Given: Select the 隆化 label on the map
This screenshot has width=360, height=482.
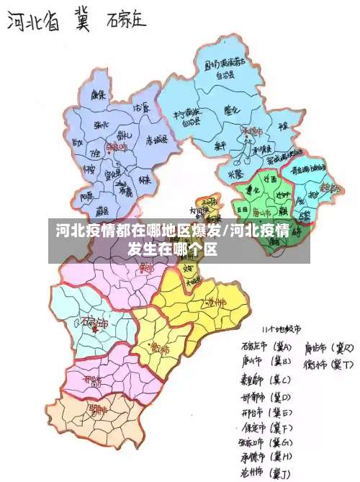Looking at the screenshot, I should tap(233, 110).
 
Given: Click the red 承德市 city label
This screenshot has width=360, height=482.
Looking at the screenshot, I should tap(252, 131).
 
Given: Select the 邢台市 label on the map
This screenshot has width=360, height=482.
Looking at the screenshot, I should tap(92, 378).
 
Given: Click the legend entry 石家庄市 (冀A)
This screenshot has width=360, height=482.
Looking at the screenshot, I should tap(267, 346).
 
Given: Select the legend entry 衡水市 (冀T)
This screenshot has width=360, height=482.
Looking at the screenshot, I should tap(328, 364).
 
